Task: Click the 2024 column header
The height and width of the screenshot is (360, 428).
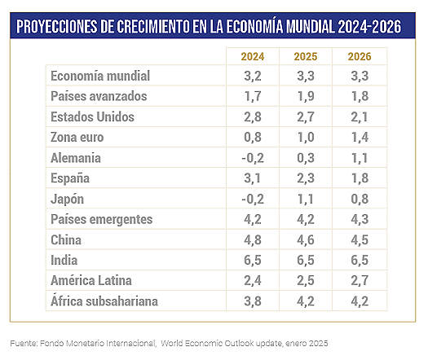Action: coord(253,57)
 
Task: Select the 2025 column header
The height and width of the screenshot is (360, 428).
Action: coord(306,57)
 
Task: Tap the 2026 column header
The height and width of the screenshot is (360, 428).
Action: coord(360,57)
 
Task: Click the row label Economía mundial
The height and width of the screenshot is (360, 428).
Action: coord(100,76)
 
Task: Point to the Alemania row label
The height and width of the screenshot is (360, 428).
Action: coord(76,158)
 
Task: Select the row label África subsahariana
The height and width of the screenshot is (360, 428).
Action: coord(104,301)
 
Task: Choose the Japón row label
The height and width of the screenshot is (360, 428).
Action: coord(67,199)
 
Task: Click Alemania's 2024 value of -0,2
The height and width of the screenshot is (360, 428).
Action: coord(253,158)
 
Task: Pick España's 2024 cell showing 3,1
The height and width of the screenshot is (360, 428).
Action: coord(253,178)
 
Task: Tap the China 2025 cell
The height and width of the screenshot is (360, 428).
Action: coord(306,240)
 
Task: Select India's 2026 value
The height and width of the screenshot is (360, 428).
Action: coord(360,260)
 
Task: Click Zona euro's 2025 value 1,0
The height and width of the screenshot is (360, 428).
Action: coord(306,137)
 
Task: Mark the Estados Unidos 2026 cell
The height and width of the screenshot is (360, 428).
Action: coord(360,117)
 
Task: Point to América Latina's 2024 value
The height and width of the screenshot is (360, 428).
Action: coord(253,281)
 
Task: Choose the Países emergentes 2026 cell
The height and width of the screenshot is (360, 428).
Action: coord(360,219)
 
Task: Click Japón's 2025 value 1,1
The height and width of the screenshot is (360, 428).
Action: coord(306,199)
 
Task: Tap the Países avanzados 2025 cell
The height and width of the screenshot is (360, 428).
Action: coord(306,96)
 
